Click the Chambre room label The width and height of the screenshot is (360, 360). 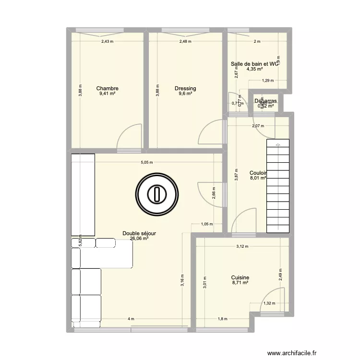pyautogui.click(x=107, y=88)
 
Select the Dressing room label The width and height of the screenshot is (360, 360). pyautogui.click(x=185, y=88)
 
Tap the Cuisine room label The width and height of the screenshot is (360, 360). pyautogui.click(x=240, y=277)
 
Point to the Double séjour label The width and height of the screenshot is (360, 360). pyautogui.click(x=139, y=233)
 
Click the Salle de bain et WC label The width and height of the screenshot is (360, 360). pyautogui.click(x=254, y=63)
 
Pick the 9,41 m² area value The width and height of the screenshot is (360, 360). pyautogui.click(x=107, y=94)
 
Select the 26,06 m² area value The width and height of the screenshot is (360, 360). pyautogui.click(x=139, y=239)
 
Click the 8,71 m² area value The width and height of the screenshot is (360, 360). pyautogui.click(x=240, y=283)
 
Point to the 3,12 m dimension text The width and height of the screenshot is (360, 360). pyautogui.click(x=242, y=247)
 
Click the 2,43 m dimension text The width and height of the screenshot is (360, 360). pyautogui.click(x=107, y=41)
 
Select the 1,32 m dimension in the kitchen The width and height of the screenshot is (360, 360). pyautogui.click(x=269, y=303)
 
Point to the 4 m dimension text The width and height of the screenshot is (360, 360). pyautogui.click(x=131, y=319)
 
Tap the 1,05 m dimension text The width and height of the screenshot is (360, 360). pyautogui.click(x=207, y=224)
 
